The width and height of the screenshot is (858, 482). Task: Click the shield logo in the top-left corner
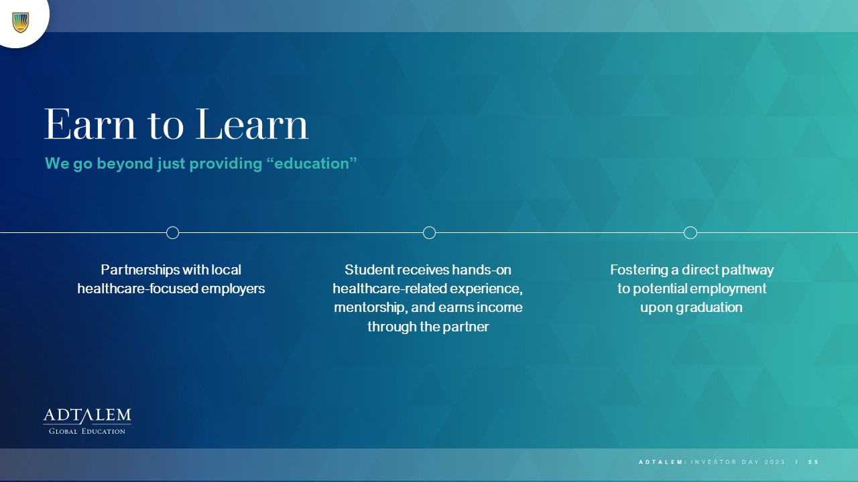click(21, 23)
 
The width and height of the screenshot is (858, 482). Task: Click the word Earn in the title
click(90, 125)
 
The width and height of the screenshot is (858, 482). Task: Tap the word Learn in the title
click(252, 125)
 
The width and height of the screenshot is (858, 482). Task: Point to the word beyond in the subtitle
click(125, 164)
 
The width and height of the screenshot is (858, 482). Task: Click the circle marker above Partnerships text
click(173, 232)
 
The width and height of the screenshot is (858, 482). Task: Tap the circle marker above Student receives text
click(430, 232)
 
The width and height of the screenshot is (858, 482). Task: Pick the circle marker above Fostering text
click(690, 232)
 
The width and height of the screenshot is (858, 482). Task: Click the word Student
click(369, 270)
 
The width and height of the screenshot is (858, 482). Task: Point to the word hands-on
click(481, 270)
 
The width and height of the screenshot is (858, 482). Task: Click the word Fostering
click(639, 270)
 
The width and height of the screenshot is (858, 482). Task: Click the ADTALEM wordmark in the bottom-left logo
click(87, 416)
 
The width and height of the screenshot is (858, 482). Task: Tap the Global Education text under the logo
click(87, 432)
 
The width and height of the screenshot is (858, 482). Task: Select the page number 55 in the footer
click(813, 462)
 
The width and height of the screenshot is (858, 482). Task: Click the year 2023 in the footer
click(774, 462)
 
